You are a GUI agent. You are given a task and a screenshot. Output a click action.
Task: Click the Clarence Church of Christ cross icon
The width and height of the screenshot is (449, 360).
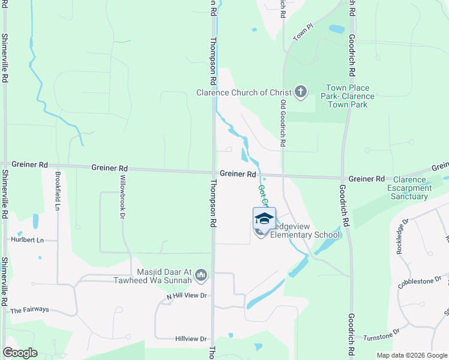[301, 92]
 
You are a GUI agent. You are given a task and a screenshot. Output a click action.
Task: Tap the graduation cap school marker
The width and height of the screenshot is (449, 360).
[264, 218]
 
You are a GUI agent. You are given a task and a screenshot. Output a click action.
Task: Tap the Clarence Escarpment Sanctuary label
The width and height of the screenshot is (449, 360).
[411, 188]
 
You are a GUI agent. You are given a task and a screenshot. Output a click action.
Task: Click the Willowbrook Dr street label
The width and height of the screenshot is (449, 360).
[122, 197]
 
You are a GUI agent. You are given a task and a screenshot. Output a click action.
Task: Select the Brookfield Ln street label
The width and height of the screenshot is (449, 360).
[58, 191]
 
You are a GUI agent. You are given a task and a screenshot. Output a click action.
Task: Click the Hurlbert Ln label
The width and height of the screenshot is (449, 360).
[28, 240]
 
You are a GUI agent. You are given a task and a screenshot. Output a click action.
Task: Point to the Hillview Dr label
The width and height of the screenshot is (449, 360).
[190, 339]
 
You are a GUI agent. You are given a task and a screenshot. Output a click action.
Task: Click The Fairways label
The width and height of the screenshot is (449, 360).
[29, 310]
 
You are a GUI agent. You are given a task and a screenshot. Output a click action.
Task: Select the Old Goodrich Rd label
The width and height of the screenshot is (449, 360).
[282, 124]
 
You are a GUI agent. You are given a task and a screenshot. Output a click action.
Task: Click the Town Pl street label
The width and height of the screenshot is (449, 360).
[304, 32]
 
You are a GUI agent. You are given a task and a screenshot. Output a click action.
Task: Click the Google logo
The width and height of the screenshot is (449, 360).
[20, 353]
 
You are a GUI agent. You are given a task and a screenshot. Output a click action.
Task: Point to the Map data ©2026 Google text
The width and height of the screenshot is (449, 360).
[412, 355]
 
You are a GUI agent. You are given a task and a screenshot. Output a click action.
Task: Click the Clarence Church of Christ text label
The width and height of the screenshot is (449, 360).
[244, 92]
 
